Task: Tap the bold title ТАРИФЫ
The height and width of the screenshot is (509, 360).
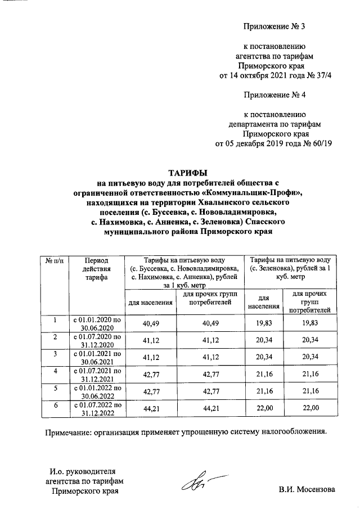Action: (x=188, y=172)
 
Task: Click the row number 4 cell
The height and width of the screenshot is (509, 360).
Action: (x=55, y=372)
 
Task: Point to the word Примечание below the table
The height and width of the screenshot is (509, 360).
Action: (x=69, y=433)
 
